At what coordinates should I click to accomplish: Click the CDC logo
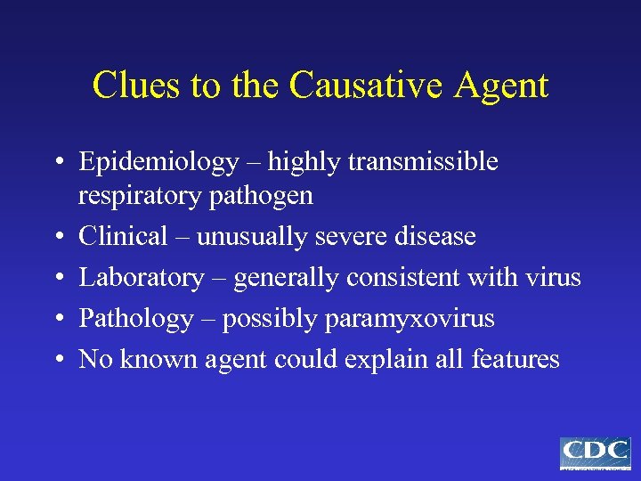tap(595, 452)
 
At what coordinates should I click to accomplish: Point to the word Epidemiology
tap(158, 163)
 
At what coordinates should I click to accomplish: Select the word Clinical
tap(123, 236)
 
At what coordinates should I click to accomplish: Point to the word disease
tap(432, 236)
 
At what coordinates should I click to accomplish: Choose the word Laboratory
tap(141, 278)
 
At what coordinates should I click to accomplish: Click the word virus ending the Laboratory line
tap(552, 277)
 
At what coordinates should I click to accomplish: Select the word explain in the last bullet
tap(374, 361)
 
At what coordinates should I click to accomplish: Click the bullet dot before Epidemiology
tap(55, 163)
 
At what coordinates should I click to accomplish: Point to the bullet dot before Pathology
tap(55, 318)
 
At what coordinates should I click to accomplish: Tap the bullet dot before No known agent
tap(55, 359)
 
